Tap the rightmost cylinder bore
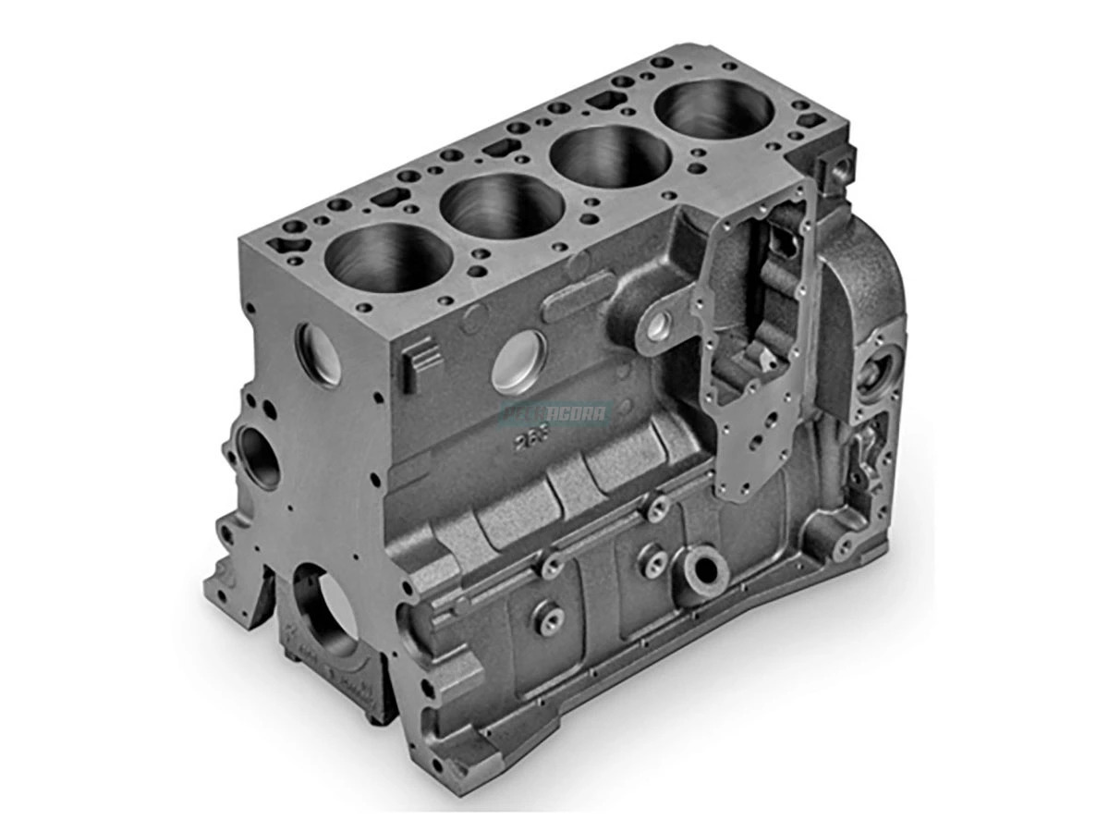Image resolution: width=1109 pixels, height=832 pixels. [713, 111]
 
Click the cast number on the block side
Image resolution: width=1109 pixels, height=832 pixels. [533, 438]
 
